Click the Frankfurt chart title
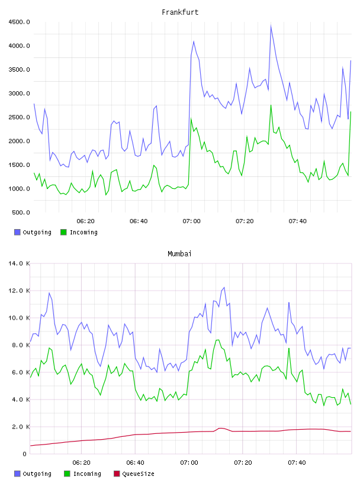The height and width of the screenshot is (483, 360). click(180, 12)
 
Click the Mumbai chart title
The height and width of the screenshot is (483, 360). click(179, 254)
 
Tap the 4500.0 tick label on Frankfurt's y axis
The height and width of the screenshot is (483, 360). click(19, 22)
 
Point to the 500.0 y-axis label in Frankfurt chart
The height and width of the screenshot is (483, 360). click(21, 212)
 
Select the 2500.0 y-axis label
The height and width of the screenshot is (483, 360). click(19, 117)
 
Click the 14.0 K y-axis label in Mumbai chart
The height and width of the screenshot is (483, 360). click(19, 263)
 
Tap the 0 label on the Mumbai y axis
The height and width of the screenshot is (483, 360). click(24, 454)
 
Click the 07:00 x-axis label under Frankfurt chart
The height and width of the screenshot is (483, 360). click(191, 221)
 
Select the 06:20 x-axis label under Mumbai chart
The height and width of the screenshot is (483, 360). click(81, 463)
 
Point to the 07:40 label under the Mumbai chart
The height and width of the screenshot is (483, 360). click(297, 463)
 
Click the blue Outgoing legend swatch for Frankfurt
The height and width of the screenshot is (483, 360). click(17, 232)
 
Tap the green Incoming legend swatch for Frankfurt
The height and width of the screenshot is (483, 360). click(63, 232)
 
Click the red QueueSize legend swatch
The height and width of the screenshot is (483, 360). click(117, 474)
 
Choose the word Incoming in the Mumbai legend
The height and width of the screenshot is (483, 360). click(87, 474)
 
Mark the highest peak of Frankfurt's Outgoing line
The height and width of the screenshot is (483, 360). click(271, 25)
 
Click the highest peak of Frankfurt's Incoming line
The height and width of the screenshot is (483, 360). click(271, 105)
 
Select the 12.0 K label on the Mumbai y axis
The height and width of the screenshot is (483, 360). click(19, 291)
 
